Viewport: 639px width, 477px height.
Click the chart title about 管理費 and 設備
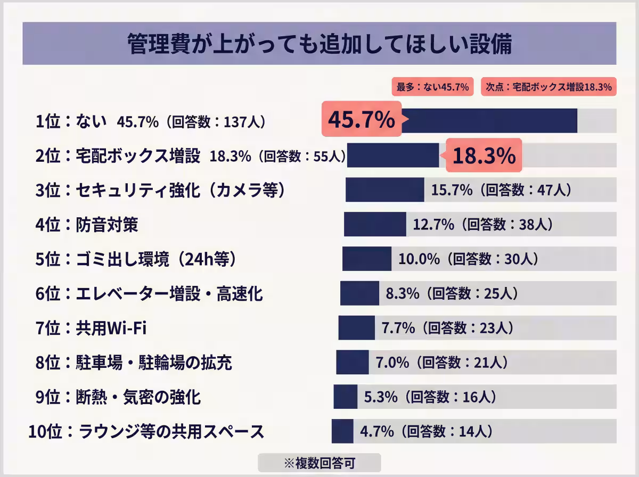click(x=319, y=45)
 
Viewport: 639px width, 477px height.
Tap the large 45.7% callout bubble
click(x=361, y=121)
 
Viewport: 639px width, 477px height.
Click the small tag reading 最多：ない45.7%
click(x=431, y=87)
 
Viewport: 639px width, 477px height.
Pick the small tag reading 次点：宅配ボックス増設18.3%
click(x=548, y=87)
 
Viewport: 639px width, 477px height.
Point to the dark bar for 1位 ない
click(x=489, y=121)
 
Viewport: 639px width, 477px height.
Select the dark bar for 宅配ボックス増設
click(x=393, y=155)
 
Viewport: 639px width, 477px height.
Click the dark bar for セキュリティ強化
click(x=384, y=190)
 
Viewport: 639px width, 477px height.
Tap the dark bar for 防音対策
click(x=375, y=224)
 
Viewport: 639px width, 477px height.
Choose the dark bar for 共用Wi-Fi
click(x=356, y=328)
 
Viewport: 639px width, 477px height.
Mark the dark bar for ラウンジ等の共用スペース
click(x=342, y=431)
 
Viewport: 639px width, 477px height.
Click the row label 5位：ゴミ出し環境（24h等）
click(x=136, y=259)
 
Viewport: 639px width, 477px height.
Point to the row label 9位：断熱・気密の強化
click(x=118, y=397)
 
